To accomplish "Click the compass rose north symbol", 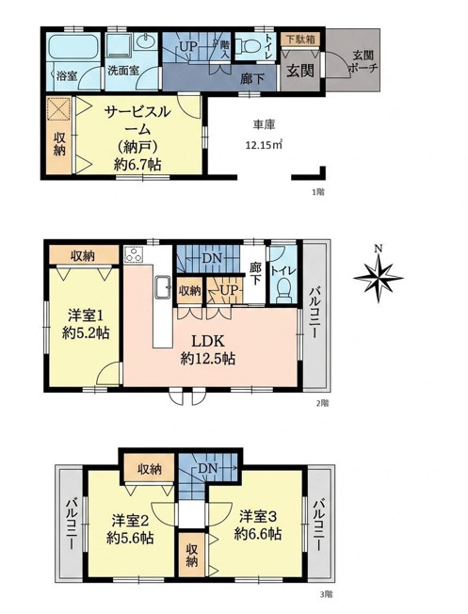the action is coord(378,277).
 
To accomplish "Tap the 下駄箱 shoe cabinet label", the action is coord(300,40).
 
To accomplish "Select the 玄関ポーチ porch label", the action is coord(363,62).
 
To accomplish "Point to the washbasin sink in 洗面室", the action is coord(146,40).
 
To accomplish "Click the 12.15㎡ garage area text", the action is coord(263,145).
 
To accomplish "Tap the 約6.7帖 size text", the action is coord(137,165).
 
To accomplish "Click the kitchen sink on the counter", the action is coord(162,287).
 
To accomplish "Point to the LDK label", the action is coord(207,342).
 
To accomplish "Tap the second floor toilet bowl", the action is coord(284,291).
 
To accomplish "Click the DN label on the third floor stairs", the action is coord(207,468).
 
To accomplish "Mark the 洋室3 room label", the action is coord(258,516).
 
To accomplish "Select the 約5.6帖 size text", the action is coord(130,539).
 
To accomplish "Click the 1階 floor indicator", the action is coord(318,192).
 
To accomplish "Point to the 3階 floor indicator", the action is coord(326,606).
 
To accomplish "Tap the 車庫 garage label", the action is coord(264,125).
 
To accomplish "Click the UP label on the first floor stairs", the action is coord(188,47).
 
